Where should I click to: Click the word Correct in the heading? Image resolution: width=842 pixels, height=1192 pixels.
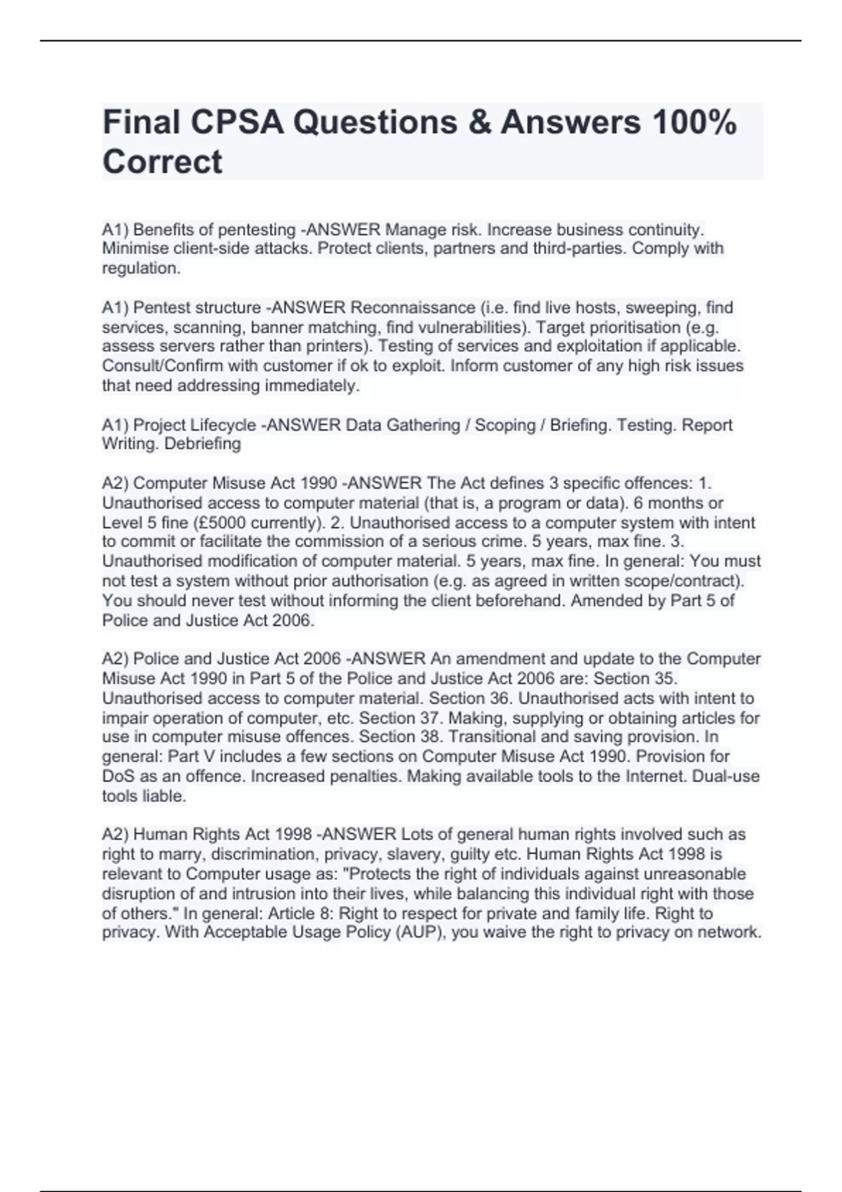(162, 162)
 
